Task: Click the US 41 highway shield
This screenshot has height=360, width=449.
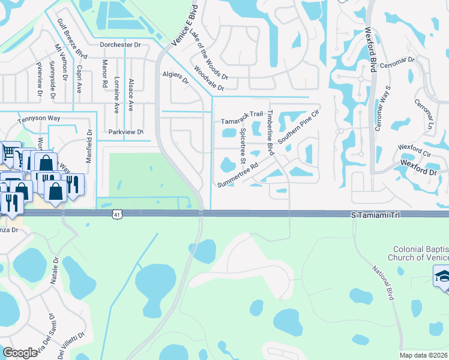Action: (x=116, y=214)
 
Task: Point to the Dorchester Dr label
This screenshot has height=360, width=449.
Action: (x=120, y=44)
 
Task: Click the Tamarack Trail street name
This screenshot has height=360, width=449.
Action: (x=242, y=113)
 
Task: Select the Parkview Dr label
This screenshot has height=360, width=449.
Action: (x=125, y=131)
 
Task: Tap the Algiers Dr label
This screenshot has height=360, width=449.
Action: (x=176, y=76)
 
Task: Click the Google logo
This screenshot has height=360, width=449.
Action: (x=20, y=353)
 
